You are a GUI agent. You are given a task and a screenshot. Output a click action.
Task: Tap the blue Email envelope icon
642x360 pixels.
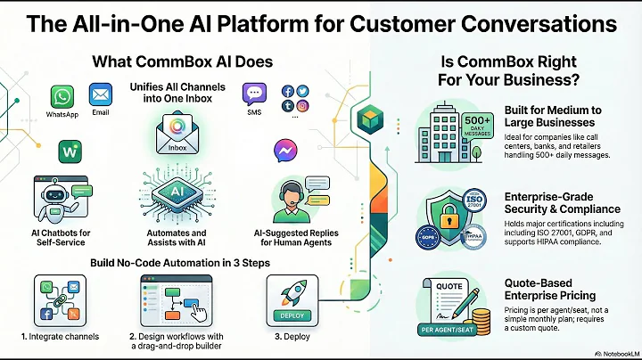click(x=101, y=94)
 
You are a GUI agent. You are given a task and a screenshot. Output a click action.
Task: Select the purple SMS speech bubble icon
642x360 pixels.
click(x=255, y=94)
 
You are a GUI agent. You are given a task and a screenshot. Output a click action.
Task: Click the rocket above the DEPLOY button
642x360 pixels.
click(x=289, y=290)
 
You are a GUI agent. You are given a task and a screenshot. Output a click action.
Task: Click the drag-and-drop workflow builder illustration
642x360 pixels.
click(x=175, y=297)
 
